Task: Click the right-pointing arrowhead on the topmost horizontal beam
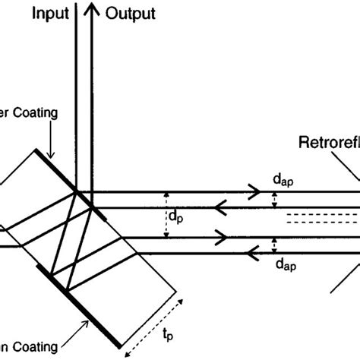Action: tap(252, 192)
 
